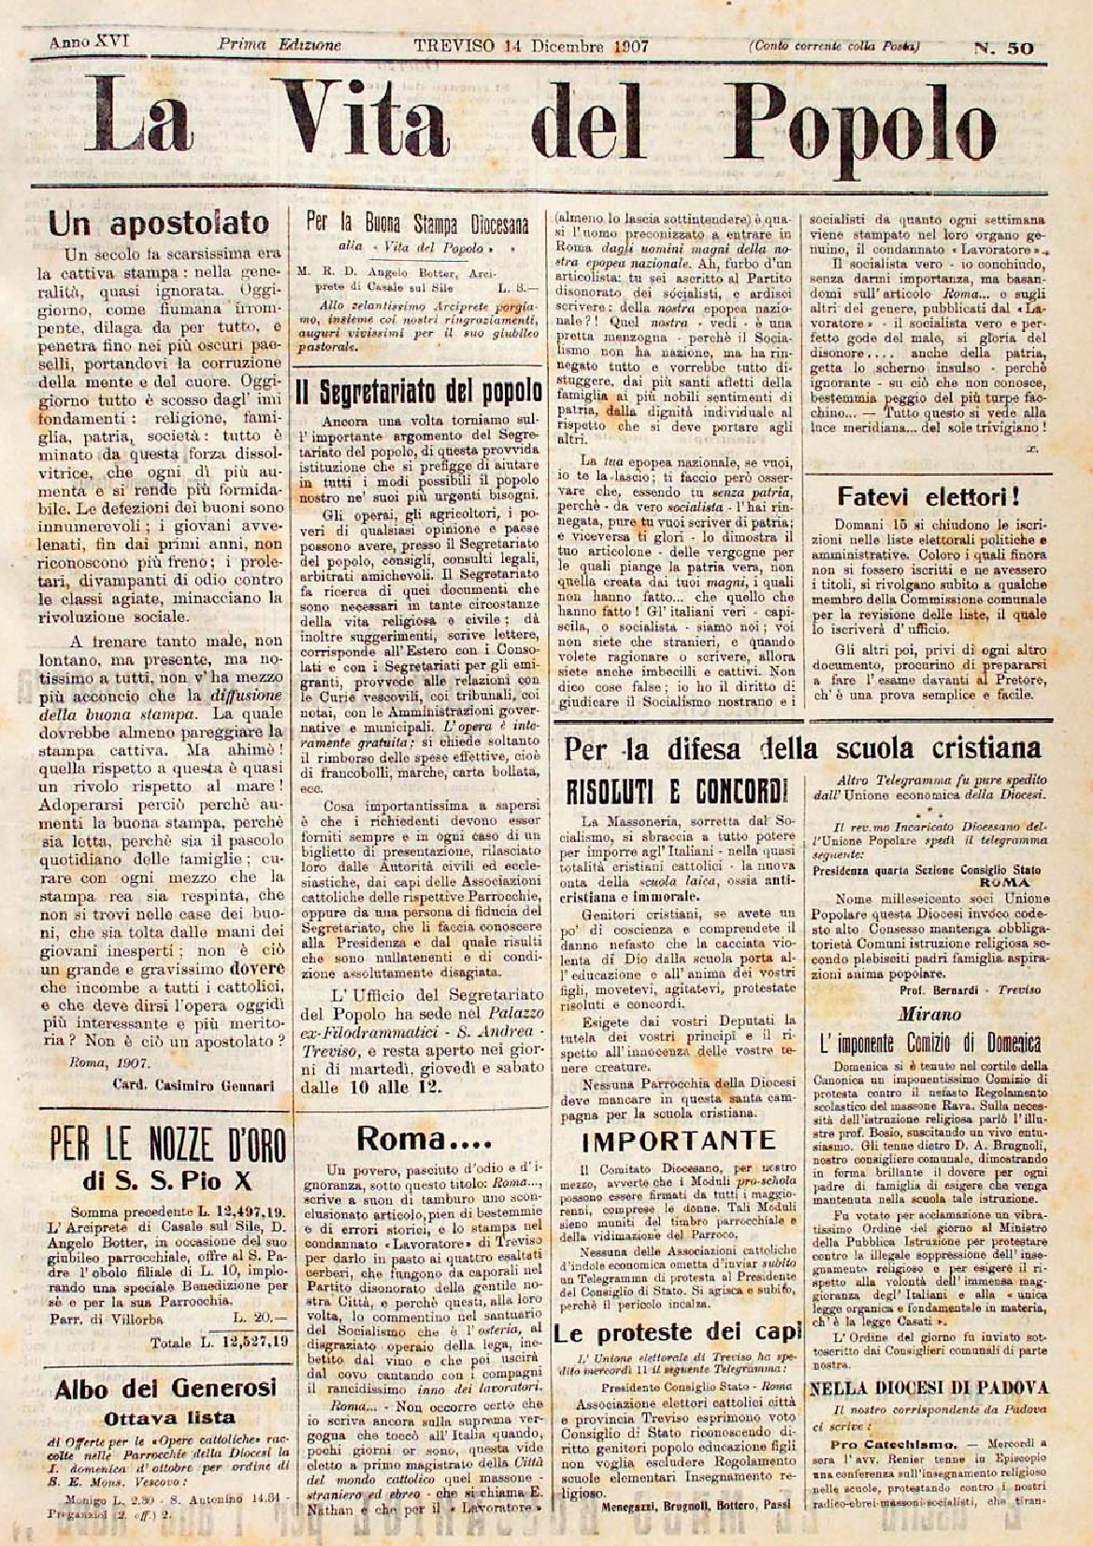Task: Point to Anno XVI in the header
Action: [x=89, y=42]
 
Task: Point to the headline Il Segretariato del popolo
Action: [x=418, y=390]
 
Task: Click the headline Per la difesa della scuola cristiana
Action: [x=802, y=747]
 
